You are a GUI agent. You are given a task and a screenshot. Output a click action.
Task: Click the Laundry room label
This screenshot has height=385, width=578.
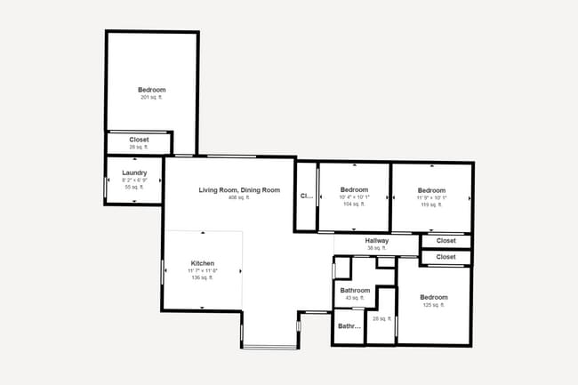click(134, 172)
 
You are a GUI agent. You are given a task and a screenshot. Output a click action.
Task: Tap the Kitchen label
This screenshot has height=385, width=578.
click(203, 263)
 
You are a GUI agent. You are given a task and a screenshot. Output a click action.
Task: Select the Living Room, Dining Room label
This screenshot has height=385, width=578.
click(239, 189)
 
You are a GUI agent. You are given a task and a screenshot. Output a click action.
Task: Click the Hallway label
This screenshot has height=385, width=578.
click(377, 241)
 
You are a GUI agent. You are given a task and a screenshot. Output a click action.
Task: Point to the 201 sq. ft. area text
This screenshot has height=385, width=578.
click(151, 97)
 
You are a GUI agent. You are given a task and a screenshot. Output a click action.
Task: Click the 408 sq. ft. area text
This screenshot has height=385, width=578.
click(239, 197)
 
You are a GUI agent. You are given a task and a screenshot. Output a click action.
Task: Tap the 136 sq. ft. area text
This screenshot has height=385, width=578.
click(203, 278)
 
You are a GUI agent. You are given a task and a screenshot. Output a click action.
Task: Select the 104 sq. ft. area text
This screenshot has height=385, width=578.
click(354, 205)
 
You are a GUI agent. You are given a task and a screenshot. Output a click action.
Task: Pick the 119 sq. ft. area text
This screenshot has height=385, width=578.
click(431, 205)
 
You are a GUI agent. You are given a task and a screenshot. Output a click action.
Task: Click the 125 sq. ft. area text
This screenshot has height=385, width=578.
click(433, 305)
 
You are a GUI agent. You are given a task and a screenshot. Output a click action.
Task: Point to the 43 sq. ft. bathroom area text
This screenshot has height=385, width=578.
click(355, 298)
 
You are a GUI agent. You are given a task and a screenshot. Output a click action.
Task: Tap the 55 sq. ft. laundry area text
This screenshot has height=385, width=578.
click(134, 188)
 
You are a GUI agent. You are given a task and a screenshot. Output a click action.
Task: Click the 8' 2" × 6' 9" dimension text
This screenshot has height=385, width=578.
click(134, 180)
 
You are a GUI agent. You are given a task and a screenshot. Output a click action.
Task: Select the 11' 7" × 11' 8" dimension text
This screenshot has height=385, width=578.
click(203, 271)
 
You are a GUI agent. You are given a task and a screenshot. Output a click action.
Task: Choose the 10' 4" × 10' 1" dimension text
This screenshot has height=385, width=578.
click(354, 197)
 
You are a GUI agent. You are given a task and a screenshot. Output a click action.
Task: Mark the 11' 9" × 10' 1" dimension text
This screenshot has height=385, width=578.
click(431, 197)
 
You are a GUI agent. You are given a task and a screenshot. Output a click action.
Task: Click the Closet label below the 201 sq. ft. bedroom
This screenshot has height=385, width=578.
click(139, 140)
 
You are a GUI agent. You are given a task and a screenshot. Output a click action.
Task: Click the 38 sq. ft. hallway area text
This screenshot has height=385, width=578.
click(377, 248)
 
